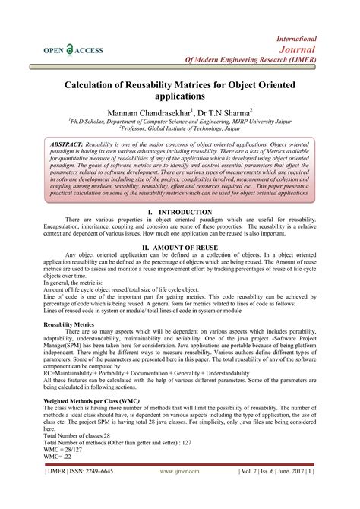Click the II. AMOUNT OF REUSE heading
(x=180, y=248)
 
